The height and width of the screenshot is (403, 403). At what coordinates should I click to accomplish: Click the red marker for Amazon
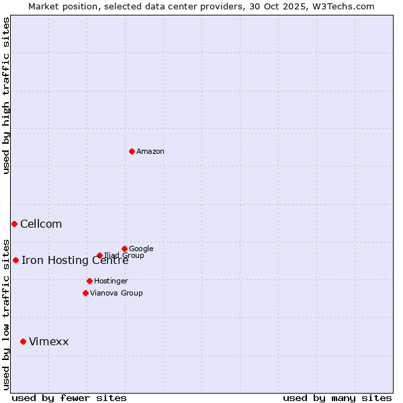point(132,151)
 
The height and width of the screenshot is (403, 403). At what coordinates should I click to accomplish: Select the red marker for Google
point(124,249)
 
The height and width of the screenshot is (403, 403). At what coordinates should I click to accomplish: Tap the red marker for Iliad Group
point(99,255)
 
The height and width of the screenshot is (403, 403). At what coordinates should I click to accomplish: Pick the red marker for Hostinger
point(89,281)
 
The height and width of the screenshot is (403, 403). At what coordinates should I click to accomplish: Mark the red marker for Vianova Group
point(85,293)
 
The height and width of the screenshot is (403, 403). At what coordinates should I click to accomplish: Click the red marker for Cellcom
point(14,224)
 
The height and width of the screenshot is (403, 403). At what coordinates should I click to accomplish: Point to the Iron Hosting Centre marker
point(15,260)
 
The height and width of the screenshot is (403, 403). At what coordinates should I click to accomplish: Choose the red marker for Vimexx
point(23,342)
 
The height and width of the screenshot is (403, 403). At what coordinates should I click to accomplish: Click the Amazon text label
point(150,152)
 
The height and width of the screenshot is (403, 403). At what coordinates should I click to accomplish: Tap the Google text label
point(141,249)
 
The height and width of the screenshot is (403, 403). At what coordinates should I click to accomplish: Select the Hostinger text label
point(111,281)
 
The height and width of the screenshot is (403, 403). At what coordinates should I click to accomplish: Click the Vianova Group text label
point(116,293)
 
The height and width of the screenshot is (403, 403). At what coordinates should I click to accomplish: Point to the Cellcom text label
point(41,224)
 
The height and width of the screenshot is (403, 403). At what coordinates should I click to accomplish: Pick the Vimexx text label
point(48,342)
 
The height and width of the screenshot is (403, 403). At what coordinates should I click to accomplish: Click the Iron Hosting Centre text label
point(75,261)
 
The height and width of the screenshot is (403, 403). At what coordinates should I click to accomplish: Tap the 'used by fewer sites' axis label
point(69,398)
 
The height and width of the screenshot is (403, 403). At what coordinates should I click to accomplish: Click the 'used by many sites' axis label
point(337,398)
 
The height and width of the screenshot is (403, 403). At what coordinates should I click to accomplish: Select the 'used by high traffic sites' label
point(7,95)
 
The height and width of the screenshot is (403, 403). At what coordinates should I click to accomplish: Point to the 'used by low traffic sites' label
point(7,314)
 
